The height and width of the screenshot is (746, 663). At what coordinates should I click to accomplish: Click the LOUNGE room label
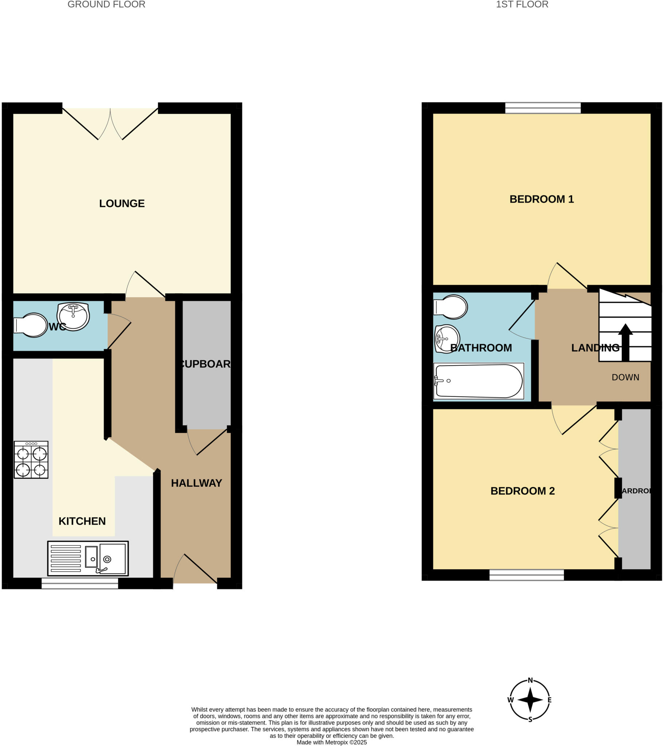(x=122, y=203)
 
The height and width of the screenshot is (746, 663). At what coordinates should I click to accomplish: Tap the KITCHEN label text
(x=82, y=521)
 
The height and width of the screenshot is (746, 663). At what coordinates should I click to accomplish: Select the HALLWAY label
(x=196, y=483)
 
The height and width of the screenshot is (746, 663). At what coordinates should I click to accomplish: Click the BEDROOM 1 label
(x=541, y=199)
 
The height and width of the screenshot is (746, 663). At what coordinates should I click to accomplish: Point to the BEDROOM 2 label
(x=522, y=491)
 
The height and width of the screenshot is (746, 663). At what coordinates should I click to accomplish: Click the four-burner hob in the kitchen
(x=31, y=460)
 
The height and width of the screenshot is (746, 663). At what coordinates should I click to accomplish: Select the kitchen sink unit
(x=88, y=558)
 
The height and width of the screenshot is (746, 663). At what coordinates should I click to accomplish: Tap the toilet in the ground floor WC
(x=31, y=325)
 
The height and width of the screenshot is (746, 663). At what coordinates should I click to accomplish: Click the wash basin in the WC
(x=73, y=316)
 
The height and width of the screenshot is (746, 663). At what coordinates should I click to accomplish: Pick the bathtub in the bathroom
(x=479, y=381)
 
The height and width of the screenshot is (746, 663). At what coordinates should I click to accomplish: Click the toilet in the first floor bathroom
(x=451, y=307)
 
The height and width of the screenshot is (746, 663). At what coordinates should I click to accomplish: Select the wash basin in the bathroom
(x=447, y=339)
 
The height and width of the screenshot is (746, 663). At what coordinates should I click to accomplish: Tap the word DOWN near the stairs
(x=625, y=377)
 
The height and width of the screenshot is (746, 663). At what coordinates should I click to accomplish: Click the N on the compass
(x=530, y=680)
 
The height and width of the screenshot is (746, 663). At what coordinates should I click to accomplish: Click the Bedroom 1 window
(x=543, y=108)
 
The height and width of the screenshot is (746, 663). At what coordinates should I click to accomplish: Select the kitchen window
(x=79, y=583)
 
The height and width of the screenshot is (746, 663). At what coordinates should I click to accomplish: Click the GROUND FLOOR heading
(x=106, y=5)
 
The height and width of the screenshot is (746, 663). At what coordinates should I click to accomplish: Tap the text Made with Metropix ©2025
(x=331, y=742)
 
